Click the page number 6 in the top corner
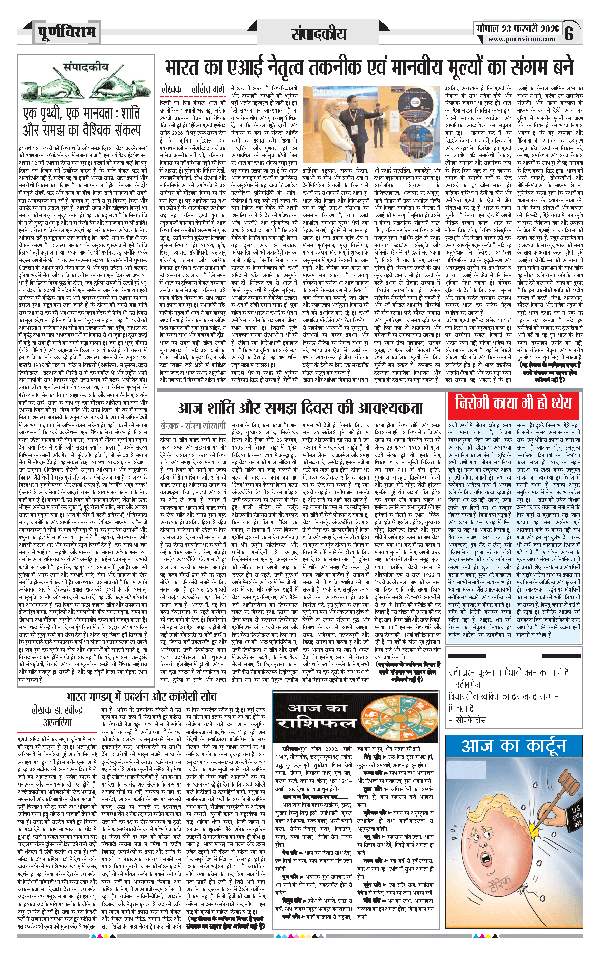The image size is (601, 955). pyautogui.click(x=569, y=33)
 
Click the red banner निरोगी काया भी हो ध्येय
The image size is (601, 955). pyautogui.click(x=513, y=403)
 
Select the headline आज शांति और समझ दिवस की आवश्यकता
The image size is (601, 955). pyautogui.click(x=300, y=407)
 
